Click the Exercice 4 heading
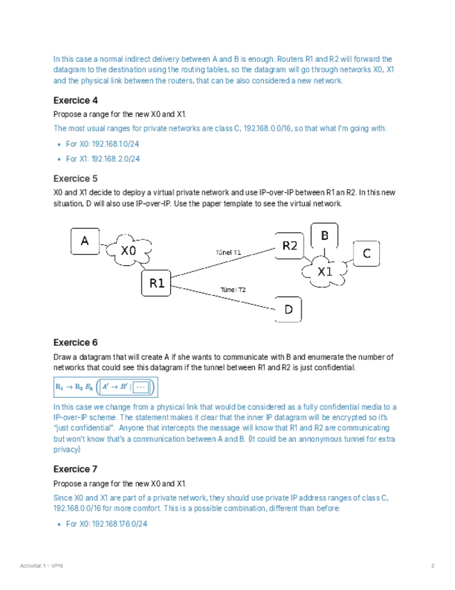76,100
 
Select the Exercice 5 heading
76,179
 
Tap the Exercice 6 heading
76,342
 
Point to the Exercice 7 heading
76,469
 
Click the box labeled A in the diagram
85,241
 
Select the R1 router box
156,283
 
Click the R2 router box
289,246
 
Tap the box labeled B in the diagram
324,235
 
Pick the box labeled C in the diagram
367,253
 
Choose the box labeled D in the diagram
288,310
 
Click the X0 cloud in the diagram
129,251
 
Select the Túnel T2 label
233,289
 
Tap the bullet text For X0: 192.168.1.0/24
103,143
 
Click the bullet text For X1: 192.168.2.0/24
103,159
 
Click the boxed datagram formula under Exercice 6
106,387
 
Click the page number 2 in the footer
432,566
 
